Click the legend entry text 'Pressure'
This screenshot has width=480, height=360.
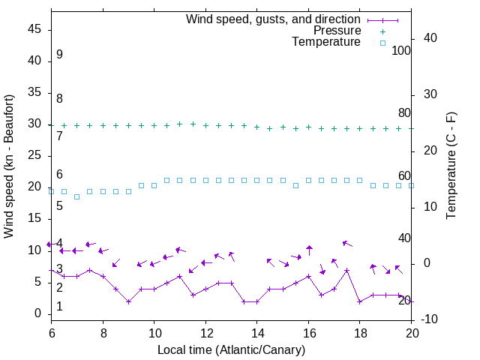337,31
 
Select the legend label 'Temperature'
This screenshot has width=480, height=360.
326,42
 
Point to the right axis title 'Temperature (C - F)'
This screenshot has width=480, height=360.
451,166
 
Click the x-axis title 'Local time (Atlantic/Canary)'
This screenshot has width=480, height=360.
231,349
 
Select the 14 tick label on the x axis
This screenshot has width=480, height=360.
256,331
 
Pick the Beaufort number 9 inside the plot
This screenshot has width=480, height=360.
59,55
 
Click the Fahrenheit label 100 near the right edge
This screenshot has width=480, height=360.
401,51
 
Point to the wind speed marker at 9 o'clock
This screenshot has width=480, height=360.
128,301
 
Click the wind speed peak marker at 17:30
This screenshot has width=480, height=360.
346,270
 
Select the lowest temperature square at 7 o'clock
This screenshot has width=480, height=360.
76,196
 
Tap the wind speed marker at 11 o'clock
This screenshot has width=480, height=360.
179,276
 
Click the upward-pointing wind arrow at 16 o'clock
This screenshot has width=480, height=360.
309,250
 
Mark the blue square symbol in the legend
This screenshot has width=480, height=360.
382,43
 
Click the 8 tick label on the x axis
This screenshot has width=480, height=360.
103,331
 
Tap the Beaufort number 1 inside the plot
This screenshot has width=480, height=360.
59,307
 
